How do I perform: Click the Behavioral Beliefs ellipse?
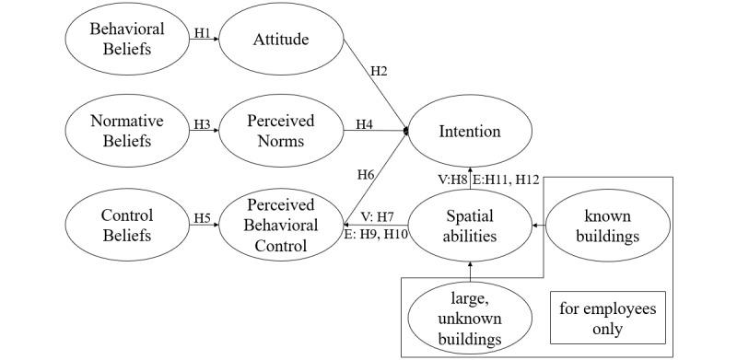coord(127,39)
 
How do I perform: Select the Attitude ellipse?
coord(281,39)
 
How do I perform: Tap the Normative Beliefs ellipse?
coord(127,132)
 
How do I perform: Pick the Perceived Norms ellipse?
coord(281,132)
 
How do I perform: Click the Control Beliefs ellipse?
coord(127,226)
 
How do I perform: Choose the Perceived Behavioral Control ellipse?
coord(281,226)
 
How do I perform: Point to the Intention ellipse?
coord(470,132)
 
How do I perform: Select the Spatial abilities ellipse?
coord(470,226)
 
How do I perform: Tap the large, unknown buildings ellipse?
coord(470,319)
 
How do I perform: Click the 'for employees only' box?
coord(608,319)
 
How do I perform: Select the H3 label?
coord(203,124)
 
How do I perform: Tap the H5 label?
coord(203,218)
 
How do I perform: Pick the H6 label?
coord(366,175)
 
